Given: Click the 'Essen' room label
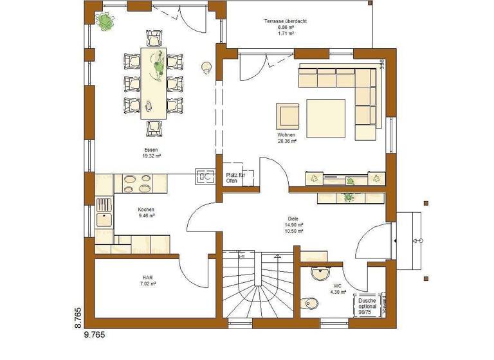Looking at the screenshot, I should click(151, 148).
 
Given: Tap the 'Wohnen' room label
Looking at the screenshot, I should click(286, 135).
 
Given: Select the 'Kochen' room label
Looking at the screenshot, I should click(146, 210).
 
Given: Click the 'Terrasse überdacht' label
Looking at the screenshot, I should click(285, 22).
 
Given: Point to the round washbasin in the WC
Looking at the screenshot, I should click(318, 273).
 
